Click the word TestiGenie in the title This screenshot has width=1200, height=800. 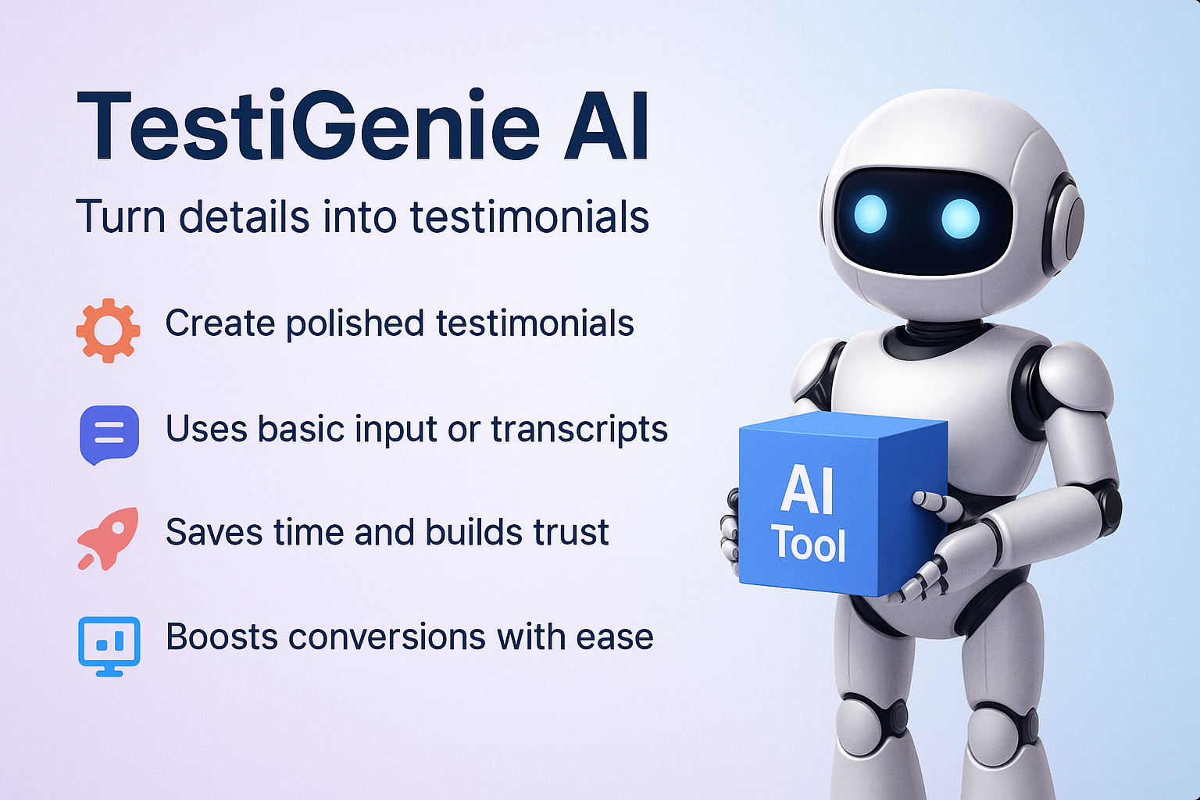point(308,126)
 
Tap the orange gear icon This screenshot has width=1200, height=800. point(109,330)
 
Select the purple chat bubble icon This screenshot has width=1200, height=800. point(109,435)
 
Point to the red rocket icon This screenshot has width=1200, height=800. point(109,537)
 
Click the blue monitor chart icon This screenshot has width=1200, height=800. point(109,646)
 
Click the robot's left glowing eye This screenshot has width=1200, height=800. point(870,214)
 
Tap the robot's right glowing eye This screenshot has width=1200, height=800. point(960,218)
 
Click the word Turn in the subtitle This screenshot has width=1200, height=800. point(120,216)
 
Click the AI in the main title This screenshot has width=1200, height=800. point(605,126)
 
